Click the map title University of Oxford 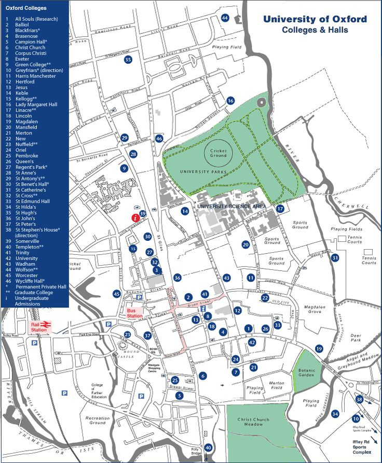pyautogui.click(x=315, y=19)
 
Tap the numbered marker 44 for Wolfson pyautogui.click(x=225, y=18)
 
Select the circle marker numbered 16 pyautogui.click(x=230, y=100)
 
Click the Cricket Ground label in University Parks pyautogui.click(x=219, y=153)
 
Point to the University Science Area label pyautogui.click(x=231, y=206)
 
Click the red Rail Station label pyautogui.click(x=39, y=327)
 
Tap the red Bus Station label pyautogui.click(x=134, y=313)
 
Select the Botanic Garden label pyautogui.click(x=307, y=373)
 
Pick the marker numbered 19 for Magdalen pyautogui.click(x=319, y=348)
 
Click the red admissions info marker pyautogui.click(x=135, y=218)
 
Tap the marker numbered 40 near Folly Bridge pyautogui.click(x=208, y=447)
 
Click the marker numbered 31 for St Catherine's pyautogui.click(x=335, y=257)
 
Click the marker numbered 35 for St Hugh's pyautogui.click(x=128, y=60)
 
